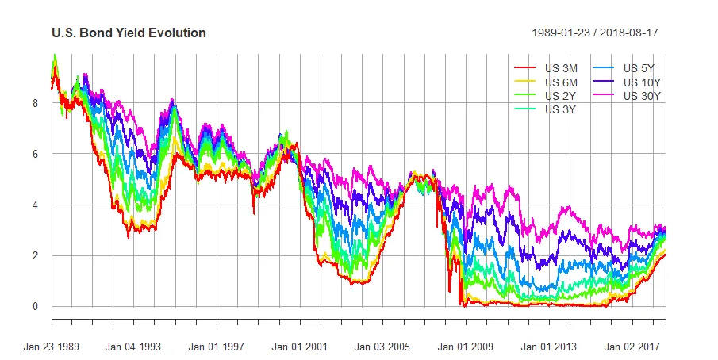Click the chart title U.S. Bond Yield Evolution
(129, 33)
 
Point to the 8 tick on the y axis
(35, 103)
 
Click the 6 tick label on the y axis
(35, 154)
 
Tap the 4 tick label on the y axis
(35, 205)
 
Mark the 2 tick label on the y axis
(35, 255)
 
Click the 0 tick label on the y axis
(35, 306)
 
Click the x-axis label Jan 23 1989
(52, 347)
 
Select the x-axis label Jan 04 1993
(133, 347)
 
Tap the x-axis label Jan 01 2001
(299, 347)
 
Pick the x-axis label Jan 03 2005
(382, 347)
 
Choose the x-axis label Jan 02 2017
(631, 347)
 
